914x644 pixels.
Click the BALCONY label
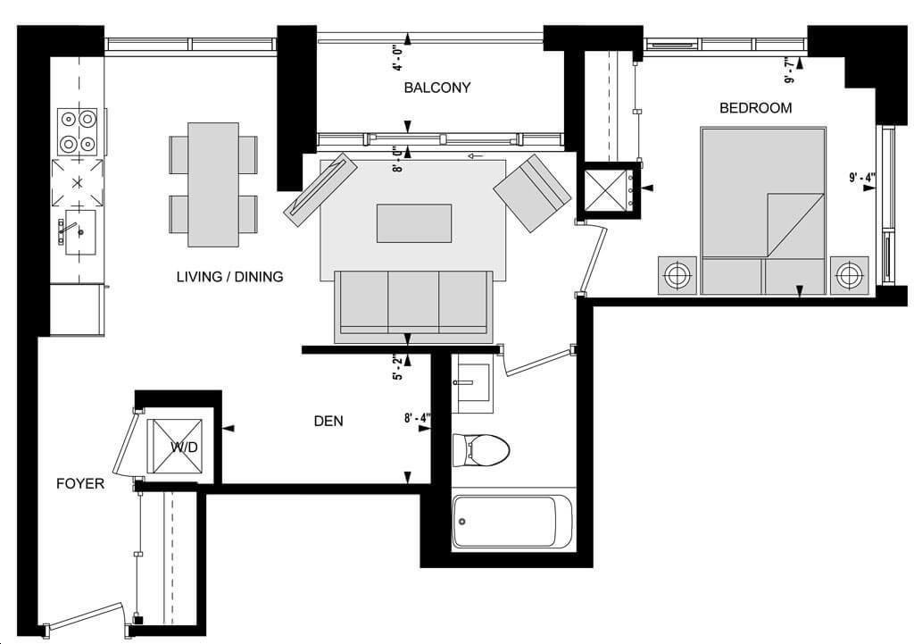[x=437, y=88]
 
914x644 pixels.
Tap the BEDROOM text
[x=755, y=108]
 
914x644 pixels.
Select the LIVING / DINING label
[x=229, y=277]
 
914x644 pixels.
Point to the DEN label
[x=328, y=422]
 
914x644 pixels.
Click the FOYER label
[x=80, y=483]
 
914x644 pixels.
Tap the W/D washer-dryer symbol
[x=174, y=447]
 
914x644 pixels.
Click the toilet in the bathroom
[x=481, y=450]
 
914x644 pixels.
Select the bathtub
[x=512, y=522]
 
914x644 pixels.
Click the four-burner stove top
[x=77, y=132]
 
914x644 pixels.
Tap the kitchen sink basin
[x=79, y=233]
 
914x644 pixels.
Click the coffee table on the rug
[x=414, y=222]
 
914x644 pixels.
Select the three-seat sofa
[x=413, y=307]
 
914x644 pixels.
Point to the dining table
[x=213, y=184]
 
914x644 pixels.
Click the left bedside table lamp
[x=677, y=275]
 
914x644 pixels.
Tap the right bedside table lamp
[x=849, y=275]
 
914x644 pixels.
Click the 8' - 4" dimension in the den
[x=418, y=418]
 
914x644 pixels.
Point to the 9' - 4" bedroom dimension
[x=862, y=177]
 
